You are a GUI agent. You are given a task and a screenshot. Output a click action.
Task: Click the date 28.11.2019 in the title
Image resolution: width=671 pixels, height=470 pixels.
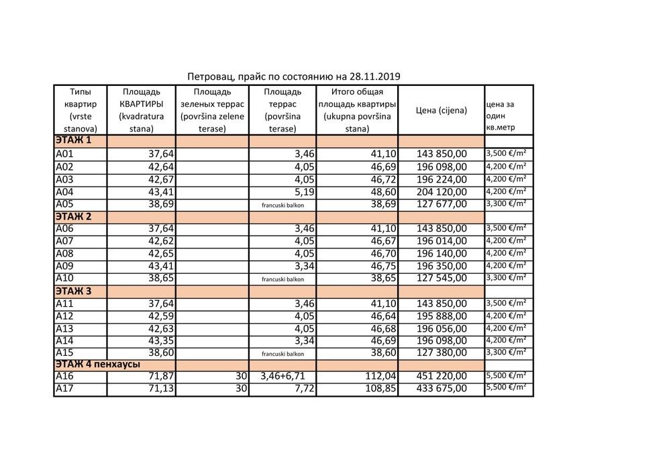pyautogui.click(x=373, y=77)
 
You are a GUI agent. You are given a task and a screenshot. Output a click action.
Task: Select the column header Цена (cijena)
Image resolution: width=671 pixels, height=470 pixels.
pyautogui.click(x=442, y=110)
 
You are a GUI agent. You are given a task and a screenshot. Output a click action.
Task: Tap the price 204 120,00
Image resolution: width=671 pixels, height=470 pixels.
pyautogui.click(x=442, y=191)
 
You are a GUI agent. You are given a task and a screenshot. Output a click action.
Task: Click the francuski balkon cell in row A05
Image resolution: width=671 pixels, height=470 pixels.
pyautogui.click(x=282, y=204)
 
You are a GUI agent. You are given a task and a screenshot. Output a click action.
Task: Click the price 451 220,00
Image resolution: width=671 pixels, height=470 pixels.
pyautogui.click(x=442, y=376)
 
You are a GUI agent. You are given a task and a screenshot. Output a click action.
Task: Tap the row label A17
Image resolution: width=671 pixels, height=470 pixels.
pyautogui.click(x=64, y=388)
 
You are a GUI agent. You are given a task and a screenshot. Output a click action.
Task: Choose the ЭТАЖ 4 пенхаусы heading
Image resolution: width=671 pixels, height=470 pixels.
pyautogui.click(x=97, y=364)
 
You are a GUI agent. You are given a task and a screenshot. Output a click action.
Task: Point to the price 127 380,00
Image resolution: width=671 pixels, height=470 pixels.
pyautogui.click(x=442, y=352)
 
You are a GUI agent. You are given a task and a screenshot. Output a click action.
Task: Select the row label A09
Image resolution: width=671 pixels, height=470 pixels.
pyautogui.click(x=64, y=266)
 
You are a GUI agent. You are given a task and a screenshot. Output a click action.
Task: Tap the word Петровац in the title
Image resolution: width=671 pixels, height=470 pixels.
pyautogui.click(x=209, y=77)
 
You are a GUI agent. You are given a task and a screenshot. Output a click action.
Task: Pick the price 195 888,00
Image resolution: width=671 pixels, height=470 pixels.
pyautogui.click(x=442, y=316)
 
